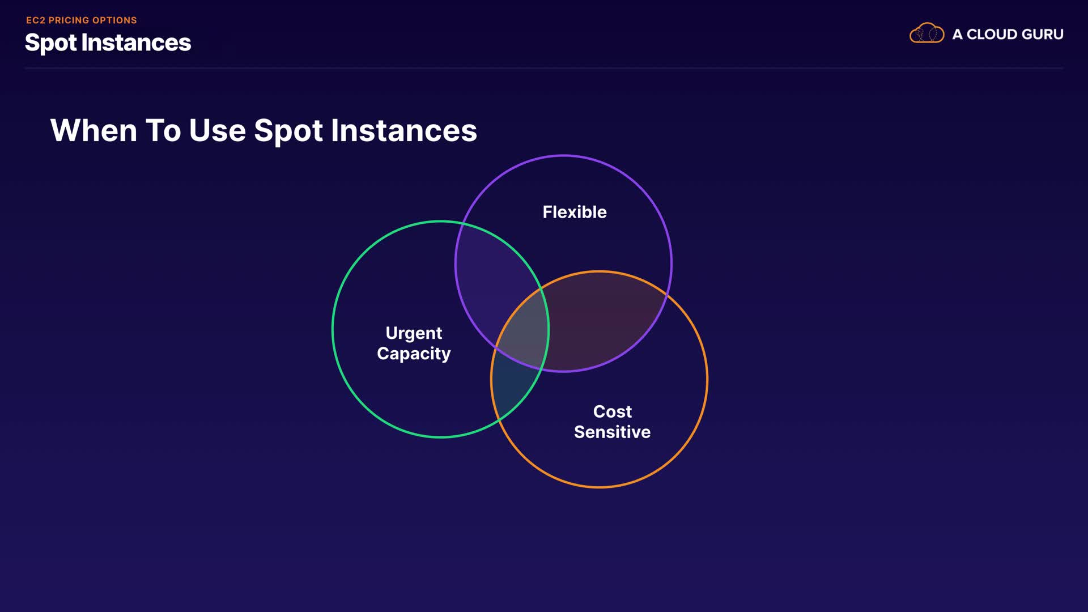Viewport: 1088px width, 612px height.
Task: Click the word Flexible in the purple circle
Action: pos(575,212)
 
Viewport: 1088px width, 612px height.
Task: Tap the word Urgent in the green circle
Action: pos(414,333)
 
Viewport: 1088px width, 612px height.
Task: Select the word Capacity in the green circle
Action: pos(414,354)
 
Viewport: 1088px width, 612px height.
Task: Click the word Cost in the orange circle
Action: pos(612,411)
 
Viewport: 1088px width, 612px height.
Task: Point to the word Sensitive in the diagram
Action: pos(612,432)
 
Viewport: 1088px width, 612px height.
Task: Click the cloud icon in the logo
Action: pos(926,33)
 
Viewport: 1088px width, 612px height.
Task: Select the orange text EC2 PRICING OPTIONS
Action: pos(82,20)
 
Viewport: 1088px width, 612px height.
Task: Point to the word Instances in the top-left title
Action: pos(136,42)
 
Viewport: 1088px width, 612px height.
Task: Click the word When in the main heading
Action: pos(93,130)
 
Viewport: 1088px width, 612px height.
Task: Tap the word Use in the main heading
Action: pos(218,130)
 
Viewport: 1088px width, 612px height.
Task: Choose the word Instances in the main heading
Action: pos(404,130)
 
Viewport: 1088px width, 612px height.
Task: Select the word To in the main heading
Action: pos(164,130)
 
